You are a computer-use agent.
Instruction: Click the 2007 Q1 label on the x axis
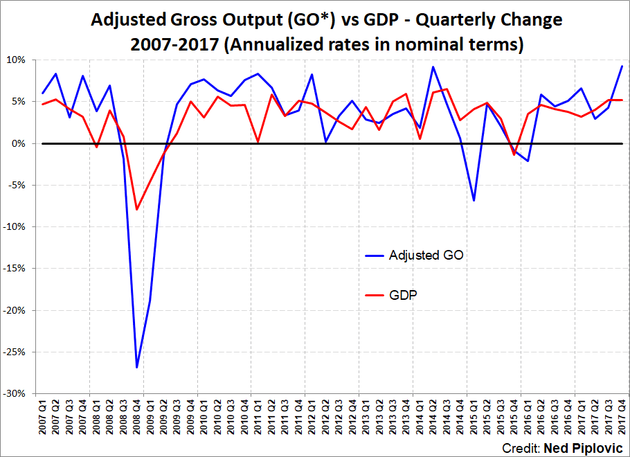pyautogui.click(x=43, y=416)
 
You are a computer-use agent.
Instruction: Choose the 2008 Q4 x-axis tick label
pyautogui.click(x=137, y=416)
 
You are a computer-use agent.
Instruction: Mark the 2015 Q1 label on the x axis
pyautogui.click(x=474, y=416)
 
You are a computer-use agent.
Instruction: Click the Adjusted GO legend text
pyautogui.click(x=426, y=255)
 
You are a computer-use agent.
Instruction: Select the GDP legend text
pyautogui.click(x=403, y=295)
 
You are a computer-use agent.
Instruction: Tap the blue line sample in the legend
pyautogui.click(x=375, y=256)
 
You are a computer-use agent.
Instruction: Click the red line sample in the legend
pyautogui.click(x=375, y=296)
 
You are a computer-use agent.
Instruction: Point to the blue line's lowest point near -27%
pyautogui.click(x=137, y=367)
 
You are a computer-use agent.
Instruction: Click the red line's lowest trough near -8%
pyautogui.click(x=137, y=209)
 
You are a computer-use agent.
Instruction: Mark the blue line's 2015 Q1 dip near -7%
pyautogui.click(x=474, y=201)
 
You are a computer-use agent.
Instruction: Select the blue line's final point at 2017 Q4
pyautogui.click(x=622, y=66)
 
